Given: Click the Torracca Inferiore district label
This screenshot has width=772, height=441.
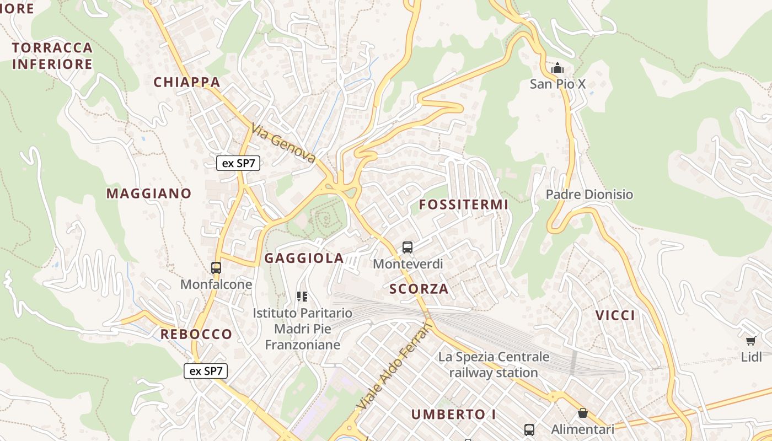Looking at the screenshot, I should click(x=52, y=56).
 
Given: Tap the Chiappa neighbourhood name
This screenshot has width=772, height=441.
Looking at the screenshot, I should click(x=187, y=83).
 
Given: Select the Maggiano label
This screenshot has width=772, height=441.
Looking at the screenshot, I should click(x=149, y=193).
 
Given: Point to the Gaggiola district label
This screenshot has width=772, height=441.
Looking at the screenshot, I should click(x=304, y=258).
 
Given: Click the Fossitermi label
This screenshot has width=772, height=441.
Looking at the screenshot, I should click(x=463, y=205).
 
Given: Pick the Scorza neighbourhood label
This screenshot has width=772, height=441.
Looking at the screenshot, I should click(x=419, y=289).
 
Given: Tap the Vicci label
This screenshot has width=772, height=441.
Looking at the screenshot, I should click(x=615, y=315).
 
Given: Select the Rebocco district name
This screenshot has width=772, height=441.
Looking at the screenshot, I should click(x=196, y=334).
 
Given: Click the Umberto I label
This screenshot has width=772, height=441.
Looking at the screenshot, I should click(x=454, y=414).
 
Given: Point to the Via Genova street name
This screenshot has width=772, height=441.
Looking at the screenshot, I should click(x=283, y=143).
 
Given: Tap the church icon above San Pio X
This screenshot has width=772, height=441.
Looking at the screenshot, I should click(x=557, y=69).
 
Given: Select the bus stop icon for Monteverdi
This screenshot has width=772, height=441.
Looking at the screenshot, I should click(x=408, y=248).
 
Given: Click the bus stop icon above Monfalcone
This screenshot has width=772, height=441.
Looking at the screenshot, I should click(x=216, y=268).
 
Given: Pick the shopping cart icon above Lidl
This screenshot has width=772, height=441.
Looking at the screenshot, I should click(x=750, y=341).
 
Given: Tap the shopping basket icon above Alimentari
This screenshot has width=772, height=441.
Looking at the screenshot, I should click(x=583, y=413).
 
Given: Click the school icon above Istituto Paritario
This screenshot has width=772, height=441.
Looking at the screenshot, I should click(x=302, y=297).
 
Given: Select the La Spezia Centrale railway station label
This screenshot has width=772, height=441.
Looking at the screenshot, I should click(x=494, y=364).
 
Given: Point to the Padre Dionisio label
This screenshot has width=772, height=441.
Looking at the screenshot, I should click(x=589, y=195).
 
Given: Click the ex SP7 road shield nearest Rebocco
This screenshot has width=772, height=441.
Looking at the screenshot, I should click(x=206, y=371).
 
